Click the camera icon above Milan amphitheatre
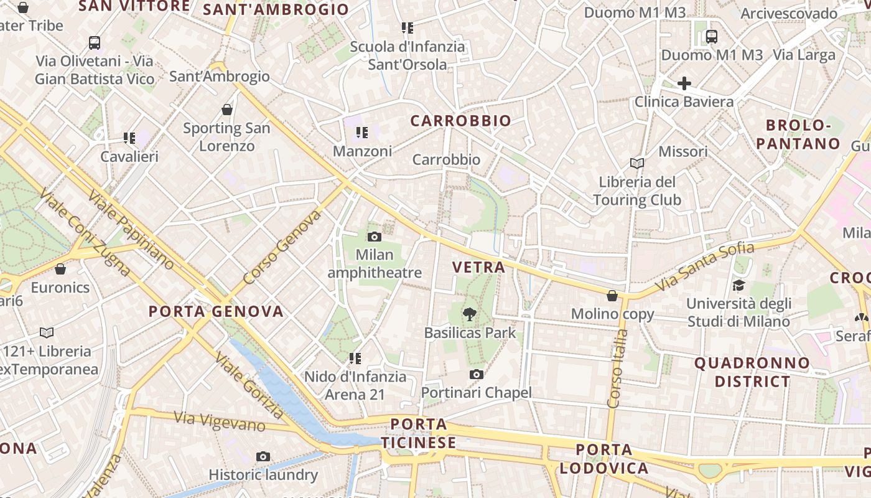374,237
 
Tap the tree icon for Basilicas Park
470,314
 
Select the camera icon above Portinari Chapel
477,374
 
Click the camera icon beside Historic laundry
263,457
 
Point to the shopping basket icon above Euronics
60,269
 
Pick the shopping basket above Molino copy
612,296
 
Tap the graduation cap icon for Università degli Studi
738,285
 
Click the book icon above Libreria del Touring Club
636,163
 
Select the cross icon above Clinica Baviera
684,83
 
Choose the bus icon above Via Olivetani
95,43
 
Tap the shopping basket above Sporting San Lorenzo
227,110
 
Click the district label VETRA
478,268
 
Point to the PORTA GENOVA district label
216,311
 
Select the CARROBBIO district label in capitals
461,121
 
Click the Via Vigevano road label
220,421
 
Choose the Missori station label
683,151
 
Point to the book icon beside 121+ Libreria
47,332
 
